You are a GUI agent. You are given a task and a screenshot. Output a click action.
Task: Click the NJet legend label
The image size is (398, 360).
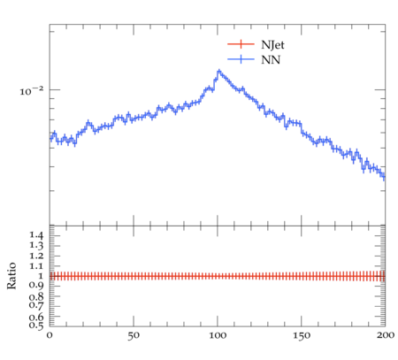point(272,45)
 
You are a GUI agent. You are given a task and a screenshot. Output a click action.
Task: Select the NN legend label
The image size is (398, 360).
point(271,60)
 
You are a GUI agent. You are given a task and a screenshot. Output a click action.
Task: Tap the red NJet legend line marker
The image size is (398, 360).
point(241,44)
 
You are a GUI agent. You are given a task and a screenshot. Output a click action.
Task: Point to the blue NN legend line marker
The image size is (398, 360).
point(241,59)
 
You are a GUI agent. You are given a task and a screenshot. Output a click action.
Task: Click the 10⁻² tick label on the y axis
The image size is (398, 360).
point(31,91)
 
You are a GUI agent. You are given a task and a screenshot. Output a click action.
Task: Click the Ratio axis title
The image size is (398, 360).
point(11,276)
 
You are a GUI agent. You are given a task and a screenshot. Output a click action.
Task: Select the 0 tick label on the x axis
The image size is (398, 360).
point(50,335)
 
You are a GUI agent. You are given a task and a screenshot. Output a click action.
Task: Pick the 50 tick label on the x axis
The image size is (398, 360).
point(134,335)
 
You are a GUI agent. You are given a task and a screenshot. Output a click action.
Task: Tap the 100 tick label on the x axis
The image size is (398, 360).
point(218,335)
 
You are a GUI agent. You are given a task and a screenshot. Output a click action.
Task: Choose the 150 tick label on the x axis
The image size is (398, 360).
point(302,335)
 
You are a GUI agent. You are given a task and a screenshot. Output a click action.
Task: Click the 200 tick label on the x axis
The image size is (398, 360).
point(386,335)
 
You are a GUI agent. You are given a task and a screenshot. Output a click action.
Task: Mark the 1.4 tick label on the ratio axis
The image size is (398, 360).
point(36,235)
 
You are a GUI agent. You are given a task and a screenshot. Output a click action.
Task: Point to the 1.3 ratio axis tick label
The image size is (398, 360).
point(36,245)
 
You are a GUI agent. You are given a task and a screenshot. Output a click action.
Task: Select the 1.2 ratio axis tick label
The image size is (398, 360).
point(36,256)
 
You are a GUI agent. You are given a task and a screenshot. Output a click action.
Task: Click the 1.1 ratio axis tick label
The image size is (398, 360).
point(36,266)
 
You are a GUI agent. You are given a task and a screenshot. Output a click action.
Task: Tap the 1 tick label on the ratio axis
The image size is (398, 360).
point(41,276)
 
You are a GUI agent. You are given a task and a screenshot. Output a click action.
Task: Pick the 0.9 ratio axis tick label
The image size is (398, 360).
point(36,286)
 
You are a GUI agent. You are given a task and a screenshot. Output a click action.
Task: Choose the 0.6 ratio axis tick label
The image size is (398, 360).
point(36,318)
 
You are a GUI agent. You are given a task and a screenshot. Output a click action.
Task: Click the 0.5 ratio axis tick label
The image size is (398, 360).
point(36,326)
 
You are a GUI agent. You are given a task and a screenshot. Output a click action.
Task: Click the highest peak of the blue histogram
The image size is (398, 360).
point(218,71)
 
